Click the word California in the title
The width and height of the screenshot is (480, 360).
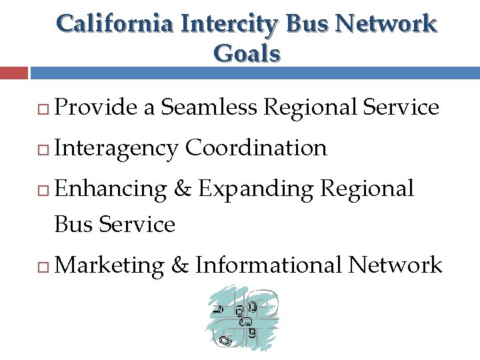[x=114, y=24]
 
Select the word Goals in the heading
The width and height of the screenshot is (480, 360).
[x=247, y=53]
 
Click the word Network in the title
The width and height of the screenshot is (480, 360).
[x=386, y=24]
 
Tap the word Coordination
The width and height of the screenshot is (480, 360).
[x=257, y=147]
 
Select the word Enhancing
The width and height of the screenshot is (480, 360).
[x=110, y=189]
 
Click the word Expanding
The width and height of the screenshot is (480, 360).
[x=255, y=189]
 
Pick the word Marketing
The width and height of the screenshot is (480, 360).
[x=110, y=265]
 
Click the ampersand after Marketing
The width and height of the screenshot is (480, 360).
[x=180, y=265]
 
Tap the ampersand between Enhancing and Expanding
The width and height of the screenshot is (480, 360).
[x=183, y=189]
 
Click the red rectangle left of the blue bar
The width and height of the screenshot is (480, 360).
[x=14, y=73]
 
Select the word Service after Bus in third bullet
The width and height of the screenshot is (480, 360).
[x=137, y=225]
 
